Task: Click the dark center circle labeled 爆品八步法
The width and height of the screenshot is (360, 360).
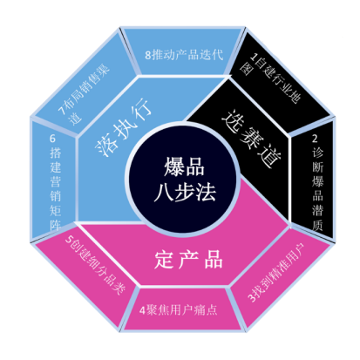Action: pyautogui.click(x=183, y=180)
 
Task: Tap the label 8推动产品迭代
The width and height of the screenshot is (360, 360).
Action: pyautogui.click(x=184, y=55)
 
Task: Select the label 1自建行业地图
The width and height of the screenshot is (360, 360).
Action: pyautogui.click(x=270, y=77)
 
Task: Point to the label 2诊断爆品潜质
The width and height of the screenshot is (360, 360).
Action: pyautogui.click(x=317, y=182)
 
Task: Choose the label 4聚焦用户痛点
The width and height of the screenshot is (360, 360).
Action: pyautogui.click(x=179, y=310)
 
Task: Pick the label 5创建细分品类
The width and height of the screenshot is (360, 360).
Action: pyautogui.click(x=95, y=265)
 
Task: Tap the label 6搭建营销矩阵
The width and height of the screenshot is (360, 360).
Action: pyautogui.click(x=55, y=182)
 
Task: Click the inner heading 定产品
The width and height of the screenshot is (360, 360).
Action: pyautogui.click(x=188, y=259)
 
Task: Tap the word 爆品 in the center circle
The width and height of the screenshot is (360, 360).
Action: pyautogui.click(x=184, y=166)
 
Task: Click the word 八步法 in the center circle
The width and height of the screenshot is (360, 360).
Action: pyautogui.click(x=185, y=192)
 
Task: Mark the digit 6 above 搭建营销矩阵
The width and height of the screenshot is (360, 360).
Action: pyautogui.click(x=52, y=139)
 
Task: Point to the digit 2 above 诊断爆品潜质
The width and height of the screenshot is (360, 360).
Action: pyautogui.click(x=315, y=139)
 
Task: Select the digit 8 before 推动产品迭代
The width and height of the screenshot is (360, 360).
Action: pyautogui.click(x=148, y=55)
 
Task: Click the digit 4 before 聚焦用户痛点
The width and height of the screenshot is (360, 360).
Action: pyautogui.click(x=142, y=310)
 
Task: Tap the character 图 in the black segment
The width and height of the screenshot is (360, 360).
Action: pyautogui.click(x=245, y=69)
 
